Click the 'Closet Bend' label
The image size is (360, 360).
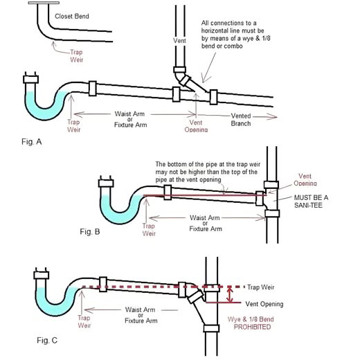72,17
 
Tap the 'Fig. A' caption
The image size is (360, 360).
31,142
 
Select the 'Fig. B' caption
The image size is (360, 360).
90,231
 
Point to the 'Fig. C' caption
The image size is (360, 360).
47,340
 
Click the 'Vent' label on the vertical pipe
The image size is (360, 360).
179,41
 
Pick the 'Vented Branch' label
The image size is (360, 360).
241,120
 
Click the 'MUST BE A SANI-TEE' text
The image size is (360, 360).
311,201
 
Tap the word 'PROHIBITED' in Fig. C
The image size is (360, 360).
252,327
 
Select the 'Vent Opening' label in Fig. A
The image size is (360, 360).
196,126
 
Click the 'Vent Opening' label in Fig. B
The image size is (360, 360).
305,179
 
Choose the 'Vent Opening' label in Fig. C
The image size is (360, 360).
264,304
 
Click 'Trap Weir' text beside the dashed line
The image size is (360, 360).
261,287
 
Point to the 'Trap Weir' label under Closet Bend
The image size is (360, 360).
76,56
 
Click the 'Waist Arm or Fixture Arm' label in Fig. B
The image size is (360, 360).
206,223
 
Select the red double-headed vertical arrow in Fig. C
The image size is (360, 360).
229,294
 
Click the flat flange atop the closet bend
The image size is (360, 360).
44,3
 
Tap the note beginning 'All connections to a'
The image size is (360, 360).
235,35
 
